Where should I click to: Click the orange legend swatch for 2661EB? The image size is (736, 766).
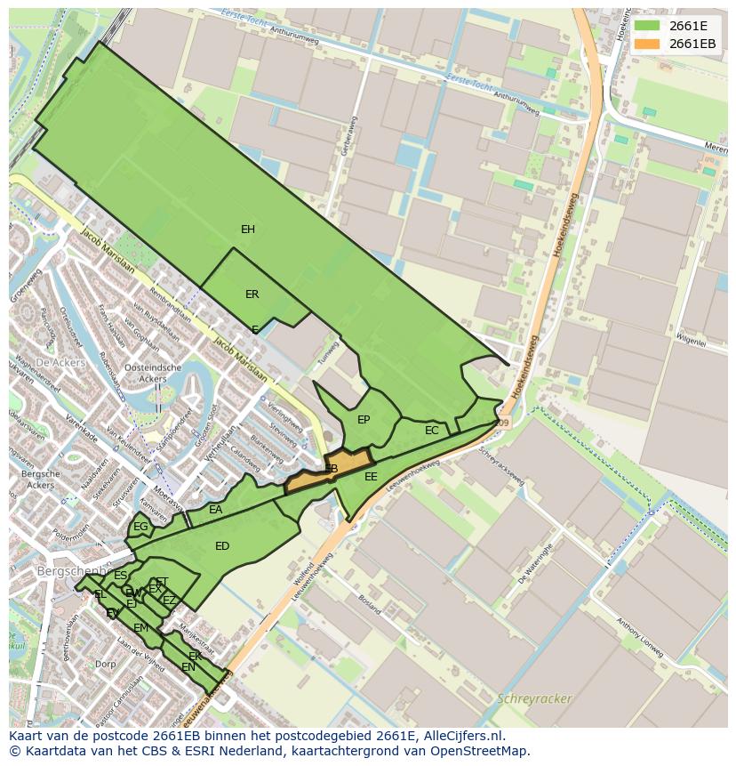(647, 44)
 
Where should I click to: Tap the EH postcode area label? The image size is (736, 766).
(248, 230)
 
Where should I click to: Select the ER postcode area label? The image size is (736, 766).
(252, 294)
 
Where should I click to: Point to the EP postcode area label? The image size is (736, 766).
(364, 420)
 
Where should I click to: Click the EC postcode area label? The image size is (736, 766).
(432, 431)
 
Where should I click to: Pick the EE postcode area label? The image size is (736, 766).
(371, 477)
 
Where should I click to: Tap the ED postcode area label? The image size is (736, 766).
(222, 546)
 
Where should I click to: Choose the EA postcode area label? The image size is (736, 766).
(216, 510)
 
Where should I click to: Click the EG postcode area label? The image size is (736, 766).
(140, 527)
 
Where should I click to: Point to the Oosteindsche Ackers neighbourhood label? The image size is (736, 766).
(153, 373)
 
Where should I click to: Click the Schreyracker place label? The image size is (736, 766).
(535, 698)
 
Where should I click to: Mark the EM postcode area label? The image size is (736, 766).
(141, 628)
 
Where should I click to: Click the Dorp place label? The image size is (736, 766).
(106, 664)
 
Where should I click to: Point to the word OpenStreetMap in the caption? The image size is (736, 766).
(480, 751)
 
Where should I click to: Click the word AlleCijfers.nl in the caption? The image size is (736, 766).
(460, 736)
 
